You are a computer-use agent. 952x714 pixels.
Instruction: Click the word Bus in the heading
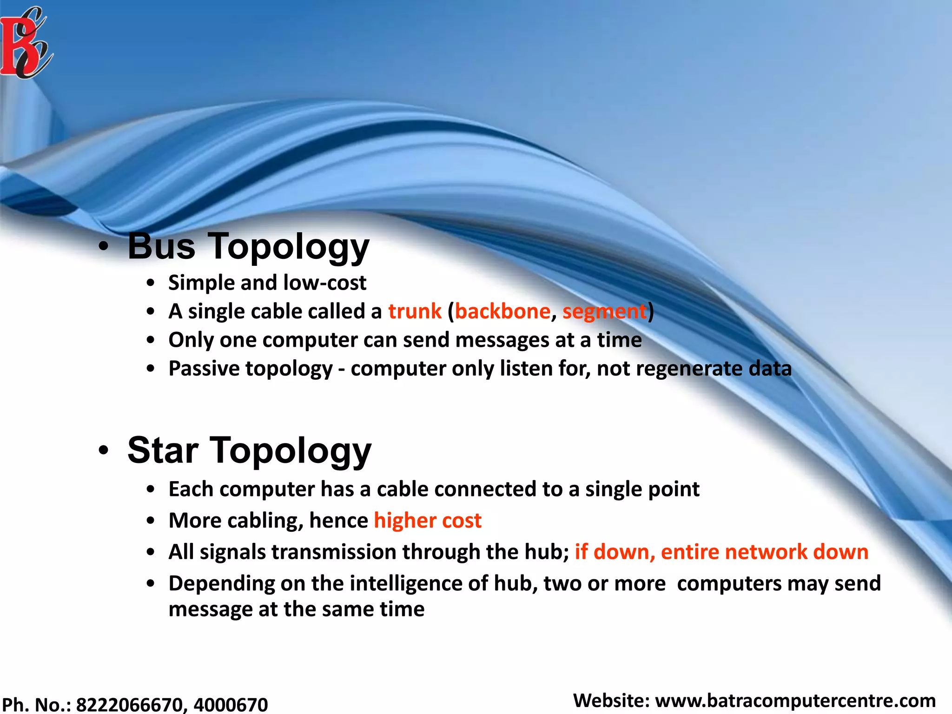[161, 246]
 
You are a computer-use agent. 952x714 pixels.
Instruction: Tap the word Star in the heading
[163, 450]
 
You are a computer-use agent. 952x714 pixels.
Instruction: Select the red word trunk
[415, 311]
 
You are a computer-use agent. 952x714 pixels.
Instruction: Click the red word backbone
[502, 311]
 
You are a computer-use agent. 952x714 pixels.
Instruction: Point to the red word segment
[605, 311]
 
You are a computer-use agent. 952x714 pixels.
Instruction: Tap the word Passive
[204, 369]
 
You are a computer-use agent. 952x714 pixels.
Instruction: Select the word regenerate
[689, 369]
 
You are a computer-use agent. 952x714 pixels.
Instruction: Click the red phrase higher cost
[428, 521]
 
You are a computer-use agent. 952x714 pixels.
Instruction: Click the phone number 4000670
[231, 705]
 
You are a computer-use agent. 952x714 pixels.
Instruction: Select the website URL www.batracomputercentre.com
[795, 701]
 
